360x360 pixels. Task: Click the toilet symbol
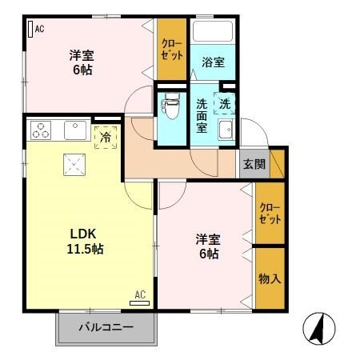pos(170,106)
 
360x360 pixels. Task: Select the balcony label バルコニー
pos(105,326)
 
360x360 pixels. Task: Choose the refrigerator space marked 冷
pos(105,137)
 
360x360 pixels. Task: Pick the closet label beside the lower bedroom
pos(269,213)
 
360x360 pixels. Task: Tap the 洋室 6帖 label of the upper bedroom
pos(79,62)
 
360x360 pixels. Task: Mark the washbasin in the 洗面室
pos(225,134)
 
